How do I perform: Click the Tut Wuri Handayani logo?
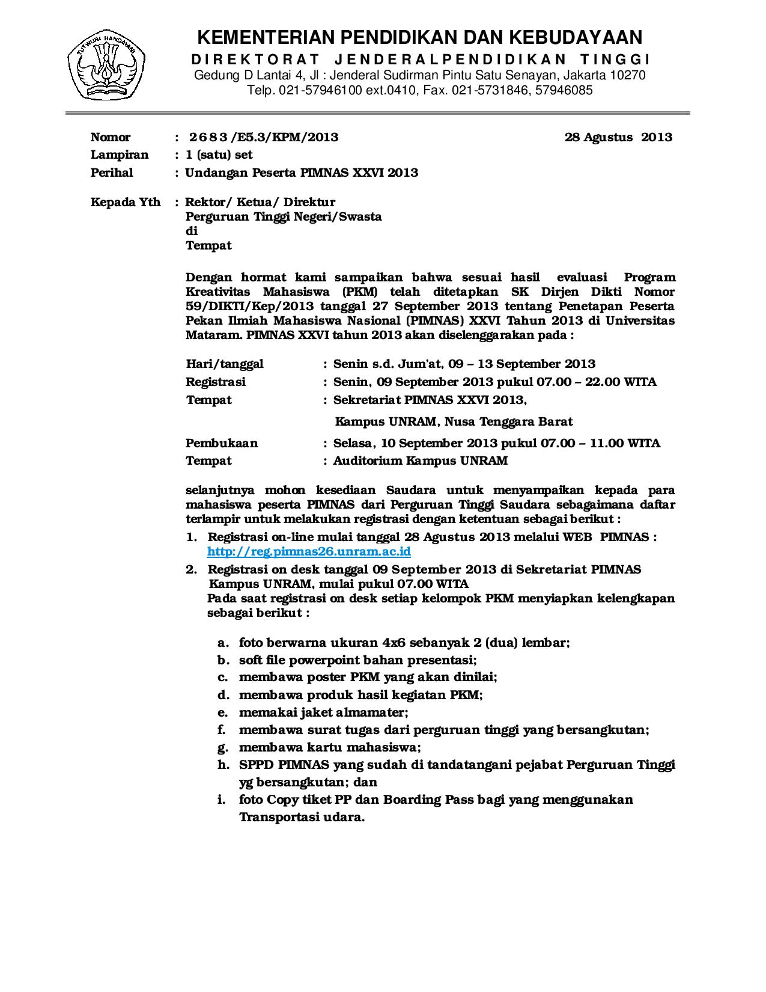(x=106, y=66)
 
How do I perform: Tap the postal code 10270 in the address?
(x=628, y=75)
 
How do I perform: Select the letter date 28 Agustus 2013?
(x=618, y=137)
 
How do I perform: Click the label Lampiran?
(x=119, y=155)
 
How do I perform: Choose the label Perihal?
(x=112, y=173)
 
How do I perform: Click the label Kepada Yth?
(x=125, y=202)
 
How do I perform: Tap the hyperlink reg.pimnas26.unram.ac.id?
(x=309, y=551)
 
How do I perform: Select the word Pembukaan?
(x=222, y=443)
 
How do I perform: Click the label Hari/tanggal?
(x=225, y=364)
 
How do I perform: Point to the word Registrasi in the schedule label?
(x=216, y=382)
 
